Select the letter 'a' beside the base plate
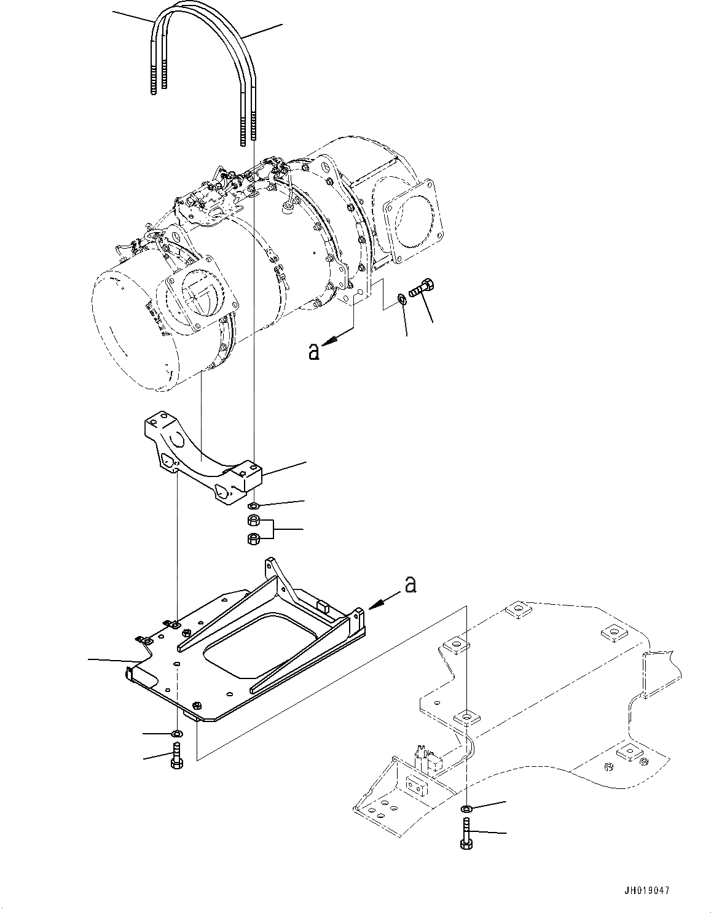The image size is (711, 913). pyautogui.click(x=410, y=585)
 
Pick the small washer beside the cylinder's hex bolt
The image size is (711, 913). pyautogui.click(x=402, y=298)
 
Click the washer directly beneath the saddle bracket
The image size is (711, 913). pyautogui.click(x=253, y=505)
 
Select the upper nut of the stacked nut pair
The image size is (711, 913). pyautogui.click(x=252, y=521)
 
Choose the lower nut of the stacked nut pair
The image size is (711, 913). pyautogui.click(x=252, y=540)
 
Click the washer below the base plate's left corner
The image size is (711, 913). pyautogui.click(x=177, y=733)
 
